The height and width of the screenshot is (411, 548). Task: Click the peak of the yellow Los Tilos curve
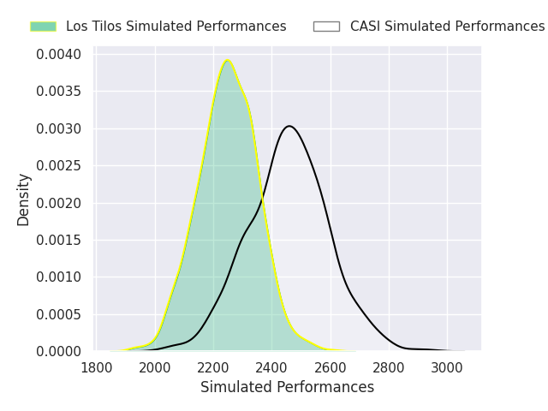click(227, 61)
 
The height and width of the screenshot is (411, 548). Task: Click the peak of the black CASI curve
click(289, 126)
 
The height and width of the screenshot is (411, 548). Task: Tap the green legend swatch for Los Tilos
click(43, 27)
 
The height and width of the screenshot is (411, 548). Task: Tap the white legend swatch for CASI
click(326, 27)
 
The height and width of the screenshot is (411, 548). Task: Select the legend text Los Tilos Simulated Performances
click(176, 27)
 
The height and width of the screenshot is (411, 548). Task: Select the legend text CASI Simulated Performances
click(447, 27)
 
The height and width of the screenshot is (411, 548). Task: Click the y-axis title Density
click(24, 199)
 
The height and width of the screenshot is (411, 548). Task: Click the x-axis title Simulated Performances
click(287, 387)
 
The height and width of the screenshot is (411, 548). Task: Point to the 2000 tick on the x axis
click(155, 367)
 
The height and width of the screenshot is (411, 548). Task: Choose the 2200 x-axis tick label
click(213, 367)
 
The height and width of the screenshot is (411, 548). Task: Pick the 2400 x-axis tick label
click(271, 367)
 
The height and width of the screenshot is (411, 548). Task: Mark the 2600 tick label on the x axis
click(331, 367)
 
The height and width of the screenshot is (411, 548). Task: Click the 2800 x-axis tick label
click(389, 367)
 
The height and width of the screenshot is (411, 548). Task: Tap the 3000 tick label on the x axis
click(447, 367)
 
